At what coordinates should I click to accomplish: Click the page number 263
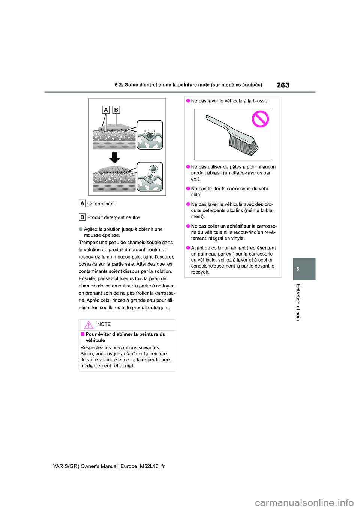pyautogui.click(x=283, y=85)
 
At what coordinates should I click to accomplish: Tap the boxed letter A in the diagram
pyautogui.click(x=106, y=110)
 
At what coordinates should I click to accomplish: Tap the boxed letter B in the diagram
pyautogui.click(x=116, y=110)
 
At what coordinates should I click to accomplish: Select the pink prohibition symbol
pyautogui.click(x=260, y=119)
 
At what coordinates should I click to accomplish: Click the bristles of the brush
pyautogui.click(x=244, y=144)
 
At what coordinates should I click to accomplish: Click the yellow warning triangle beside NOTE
pyautogui.click(x=89, y=325)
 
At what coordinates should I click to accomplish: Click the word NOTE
pyautogui.click(x=104, y=325)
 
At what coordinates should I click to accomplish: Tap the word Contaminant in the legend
pyautogui.click(x=101, y=204)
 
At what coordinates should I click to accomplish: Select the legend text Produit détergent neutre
pyautogui.click(x=113, y=217)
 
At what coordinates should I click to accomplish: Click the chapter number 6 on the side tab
pyautogui.click(x=298, y=269)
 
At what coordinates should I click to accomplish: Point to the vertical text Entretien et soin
pyautogui.click(x=298, y=302)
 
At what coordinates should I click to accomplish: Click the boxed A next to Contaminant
pyautogui.click(x=82, y=204)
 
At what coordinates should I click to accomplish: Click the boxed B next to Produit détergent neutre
pyautogui.click(x=82, y=217)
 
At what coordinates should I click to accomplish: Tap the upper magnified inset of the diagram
pyautogui.click(x=150, y=135)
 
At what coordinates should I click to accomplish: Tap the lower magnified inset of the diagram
pyautogui.click(x=150, y=177)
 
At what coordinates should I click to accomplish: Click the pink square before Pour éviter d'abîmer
pyautogui.click(x=82, y=334)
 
